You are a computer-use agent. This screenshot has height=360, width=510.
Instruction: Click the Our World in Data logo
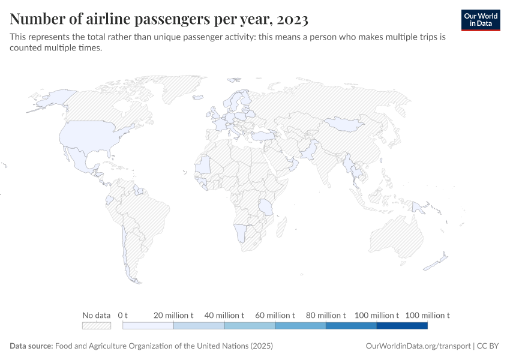click(481, 20)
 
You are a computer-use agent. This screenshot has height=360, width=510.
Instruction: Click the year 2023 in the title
click(293, 20)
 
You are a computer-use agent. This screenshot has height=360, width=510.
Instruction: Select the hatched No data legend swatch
click(97, 325)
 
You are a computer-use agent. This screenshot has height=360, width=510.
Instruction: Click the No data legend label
click(97, 315)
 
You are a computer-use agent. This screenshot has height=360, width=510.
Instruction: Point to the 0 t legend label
click(124, 315)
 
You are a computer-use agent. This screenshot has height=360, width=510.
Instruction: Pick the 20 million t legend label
click(173, 315)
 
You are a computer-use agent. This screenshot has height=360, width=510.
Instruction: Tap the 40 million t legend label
click(224, 315)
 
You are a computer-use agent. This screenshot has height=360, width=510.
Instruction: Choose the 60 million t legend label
click(275, 315)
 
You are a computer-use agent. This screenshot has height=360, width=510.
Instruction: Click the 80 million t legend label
click(326, 315)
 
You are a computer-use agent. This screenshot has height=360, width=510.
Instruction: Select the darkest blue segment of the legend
click(402, 325)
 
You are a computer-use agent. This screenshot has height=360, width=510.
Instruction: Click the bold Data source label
click(31, 346)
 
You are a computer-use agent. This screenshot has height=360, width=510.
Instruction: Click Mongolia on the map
click(343, 124)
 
